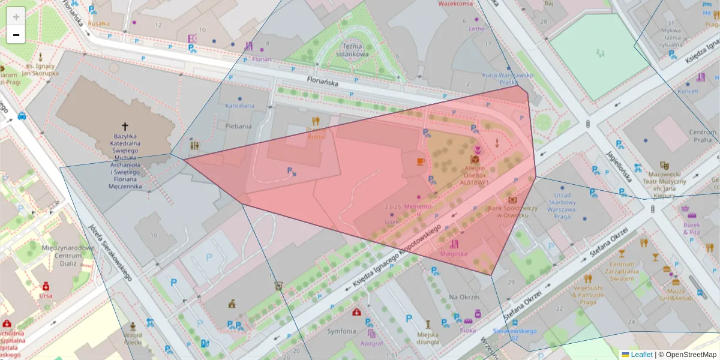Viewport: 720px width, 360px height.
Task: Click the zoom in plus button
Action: point(16,16)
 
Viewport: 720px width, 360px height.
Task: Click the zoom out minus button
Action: point(16,35)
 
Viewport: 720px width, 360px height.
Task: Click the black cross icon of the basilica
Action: point(125,127)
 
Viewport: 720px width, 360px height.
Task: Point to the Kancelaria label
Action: point(240,106)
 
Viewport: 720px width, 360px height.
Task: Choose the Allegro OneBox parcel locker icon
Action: point(475,160)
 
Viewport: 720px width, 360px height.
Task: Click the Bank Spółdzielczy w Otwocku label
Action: point(511,212)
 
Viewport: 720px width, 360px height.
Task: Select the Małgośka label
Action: point(454,254)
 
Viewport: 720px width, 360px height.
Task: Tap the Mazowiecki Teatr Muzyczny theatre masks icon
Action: point(664,165)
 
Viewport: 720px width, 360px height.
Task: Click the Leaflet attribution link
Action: point(641,355)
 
